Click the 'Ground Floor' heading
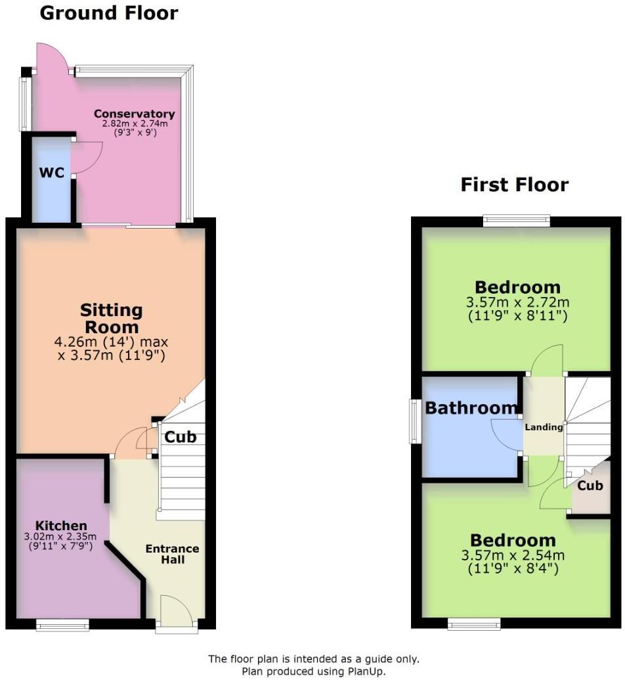(109, 12)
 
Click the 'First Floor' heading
(514, 185)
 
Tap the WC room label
(52, 173)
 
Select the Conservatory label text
(134, 114)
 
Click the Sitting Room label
(111, 318)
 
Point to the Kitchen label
(61, 526)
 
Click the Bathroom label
(471, 408)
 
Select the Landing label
(544, 427)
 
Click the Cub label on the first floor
(590, 486)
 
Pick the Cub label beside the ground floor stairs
(180, 437)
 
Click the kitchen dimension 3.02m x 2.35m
(61, 536)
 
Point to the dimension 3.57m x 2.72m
(518, 303)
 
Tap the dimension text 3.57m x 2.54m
(513, 555)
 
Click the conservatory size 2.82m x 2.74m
(134, 124)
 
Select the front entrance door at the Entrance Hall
(176, 611)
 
